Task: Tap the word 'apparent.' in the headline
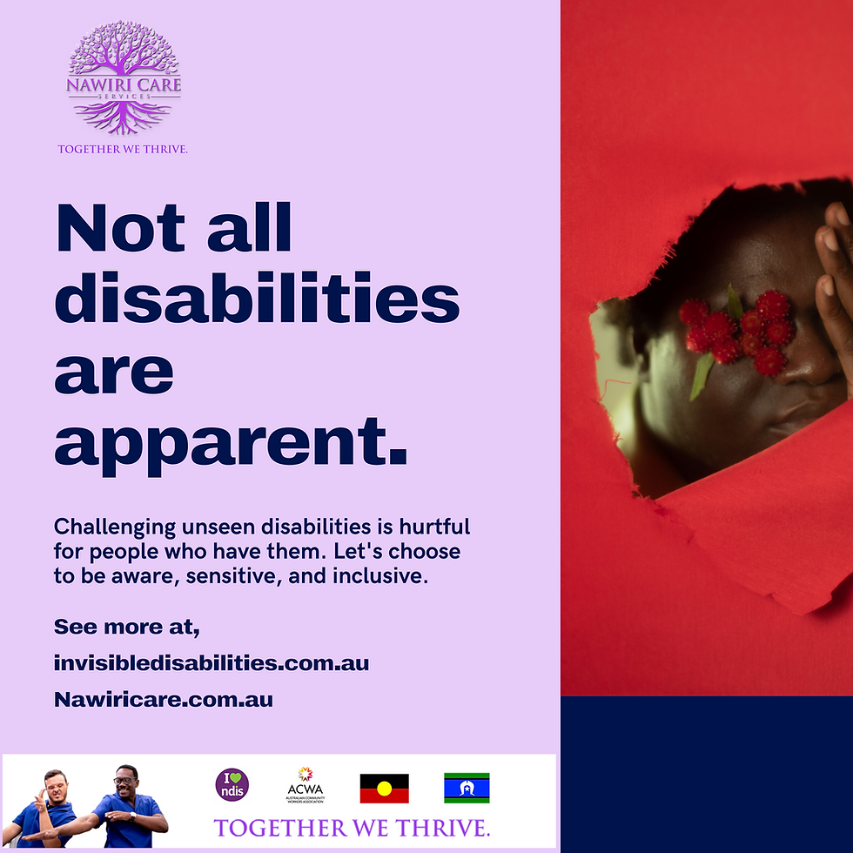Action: (231, 440)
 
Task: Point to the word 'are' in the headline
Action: (113, 369)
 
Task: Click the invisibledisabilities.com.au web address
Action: (212, 663)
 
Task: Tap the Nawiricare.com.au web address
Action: (164, 699)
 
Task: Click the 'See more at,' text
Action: (127, 627)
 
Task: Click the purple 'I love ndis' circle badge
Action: (232, 784)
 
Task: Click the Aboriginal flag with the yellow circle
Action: (385, 788)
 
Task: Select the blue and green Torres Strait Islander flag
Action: (467, 788)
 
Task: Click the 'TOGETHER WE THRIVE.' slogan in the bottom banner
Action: (352, 827)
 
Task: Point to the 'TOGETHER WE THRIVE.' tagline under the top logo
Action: (123, 149)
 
